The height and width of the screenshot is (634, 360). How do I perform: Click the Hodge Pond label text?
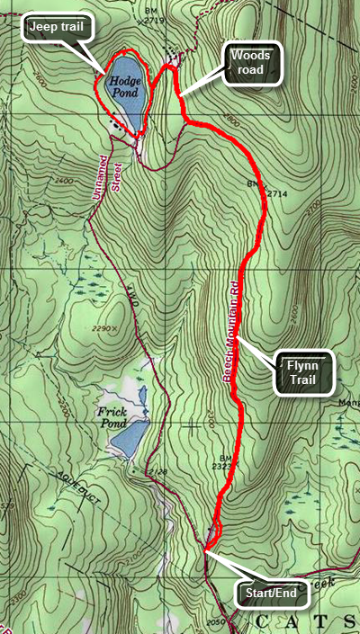point(125,86)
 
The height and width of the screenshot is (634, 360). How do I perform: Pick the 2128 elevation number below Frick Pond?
point(159,470)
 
